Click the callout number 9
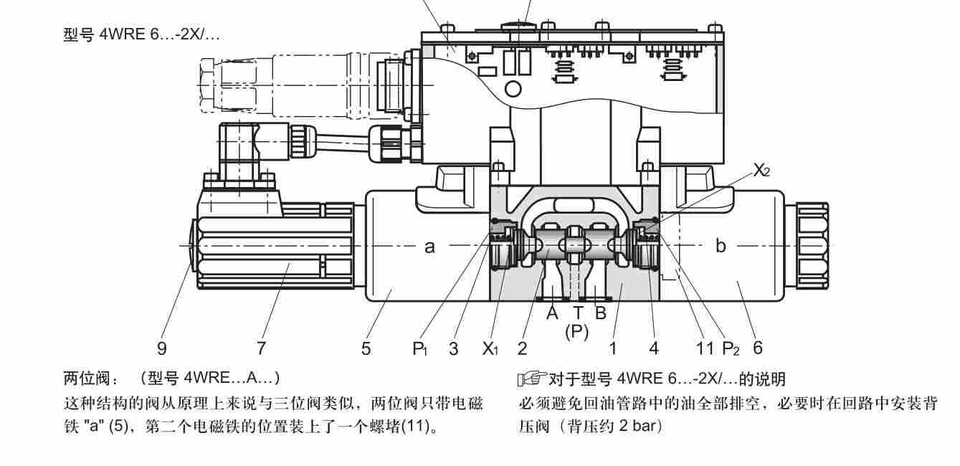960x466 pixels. pos(162,348)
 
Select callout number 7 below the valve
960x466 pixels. pos(261,348)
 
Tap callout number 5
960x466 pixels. pos(366,348)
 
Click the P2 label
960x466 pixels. pos(731,349)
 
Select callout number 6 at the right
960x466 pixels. pos(758,348)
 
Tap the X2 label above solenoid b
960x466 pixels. pos(761,170)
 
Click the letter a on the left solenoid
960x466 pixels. pos(429,247)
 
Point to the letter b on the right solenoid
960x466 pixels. pos(721,247)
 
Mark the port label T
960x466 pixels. pos(577,313)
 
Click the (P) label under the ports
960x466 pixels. pos(577,331)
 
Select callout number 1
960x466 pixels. pos(613,348)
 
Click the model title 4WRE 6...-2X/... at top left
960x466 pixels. pos(141,35)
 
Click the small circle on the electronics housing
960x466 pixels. pos(513,89)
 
